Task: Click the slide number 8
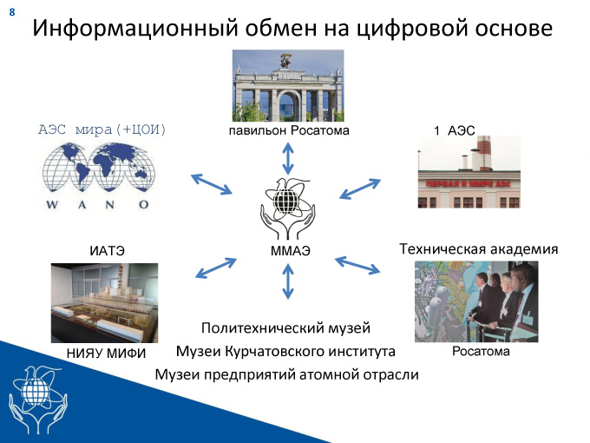click(x=12, y=12)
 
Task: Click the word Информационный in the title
click(x=135, y=29)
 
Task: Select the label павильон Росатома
click(x=289, y=130)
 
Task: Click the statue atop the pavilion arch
click(x=285, y=61)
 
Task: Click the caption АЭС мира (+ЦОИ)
click(x=102, y=129)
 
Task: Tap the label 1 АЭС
click(x=454, y=130)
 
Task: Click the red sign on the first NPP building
click(x=468, y=184)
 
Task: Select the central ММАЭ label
click(x=291, y=251)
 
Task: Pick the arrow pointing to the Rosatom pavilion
click(x=288, y=158)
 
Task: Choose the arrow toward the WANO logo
click(x=212, y=184)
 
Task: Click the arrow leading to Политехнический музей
click(x=288, y=281)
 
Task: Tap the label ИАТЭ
click(x=107, y=251)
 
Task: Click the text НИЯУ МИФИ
click(x=106, y=354)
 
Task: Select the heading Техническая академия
click(x=479, y=249)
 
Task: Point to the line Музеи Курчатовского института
click(x=285, y=352)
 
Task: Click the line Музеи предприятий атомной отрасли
click(x=286, y=375)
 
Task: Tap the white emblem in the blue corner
click(x=38, y=400)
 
